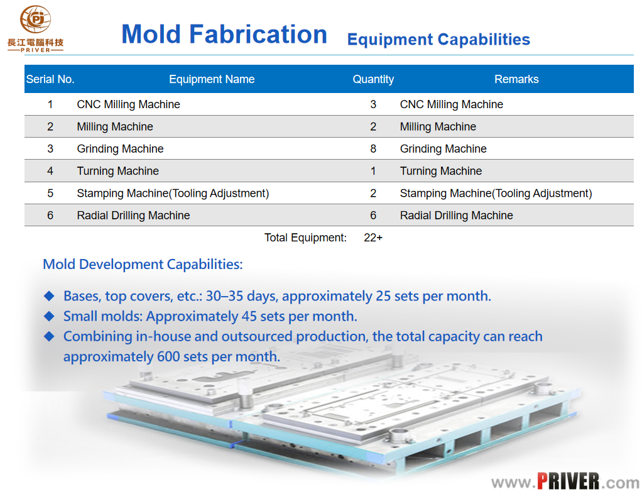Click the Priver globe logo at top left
pos(36,19)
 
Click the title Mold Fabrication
pos(224,34)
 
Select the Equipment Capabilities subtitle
pos(438,40)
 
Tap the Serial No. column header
pos(50,79)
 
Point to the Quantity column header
pos(373,79)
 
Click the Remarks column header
pos(516,79)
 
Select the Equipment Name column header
pos(212,79)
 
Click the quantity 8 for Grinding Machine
pos(373,149)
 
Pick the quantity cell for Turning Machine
pos(373,171)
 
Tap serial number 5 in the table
pos(50,194)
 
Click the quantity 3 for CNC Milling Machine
pos(373,104)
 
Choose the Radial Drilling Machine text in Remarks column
pos(457,216)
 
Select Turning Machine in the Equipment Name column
pos(118,171)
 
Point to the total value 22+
pos(373,238)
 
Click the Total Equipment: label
pos(305,238)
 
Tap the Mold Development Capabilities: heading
pos(143,265)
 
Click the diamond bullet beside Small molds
pos(49,316)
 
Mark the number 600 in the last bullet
pos(168,356)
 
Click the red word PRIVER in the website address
pos(569,481)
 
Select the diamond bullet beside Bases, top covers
pos(49,296)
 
